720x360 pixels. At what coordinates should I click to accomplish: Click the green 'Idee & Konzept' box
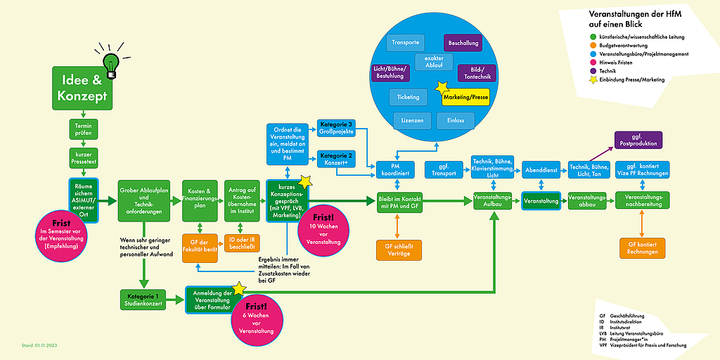tap(82, 89)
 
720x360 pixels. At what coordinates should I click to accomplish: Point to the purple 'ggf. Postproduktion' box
tap(638, 140)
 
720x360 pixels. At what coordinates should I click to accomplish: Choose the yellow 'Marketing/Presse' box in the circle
tap(465, 98)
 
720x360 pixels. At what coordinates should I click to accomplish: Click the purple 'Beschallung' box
tap(463, 44)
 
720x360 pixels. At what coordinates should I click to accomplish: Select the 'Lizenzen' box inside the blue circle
tap(412, 121)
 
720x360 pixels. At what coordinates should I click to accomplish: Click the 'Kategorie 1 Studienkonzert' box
tap(142, 300)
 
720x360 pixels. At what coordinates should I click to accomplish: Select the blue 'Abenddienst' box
tap(541, 169)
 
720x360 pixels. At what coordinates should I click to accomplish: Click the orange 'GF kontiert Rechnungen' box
tap(642, 247)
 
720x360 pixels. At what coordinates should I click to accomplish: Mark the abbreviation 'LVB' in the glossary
tap(603, 333)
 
